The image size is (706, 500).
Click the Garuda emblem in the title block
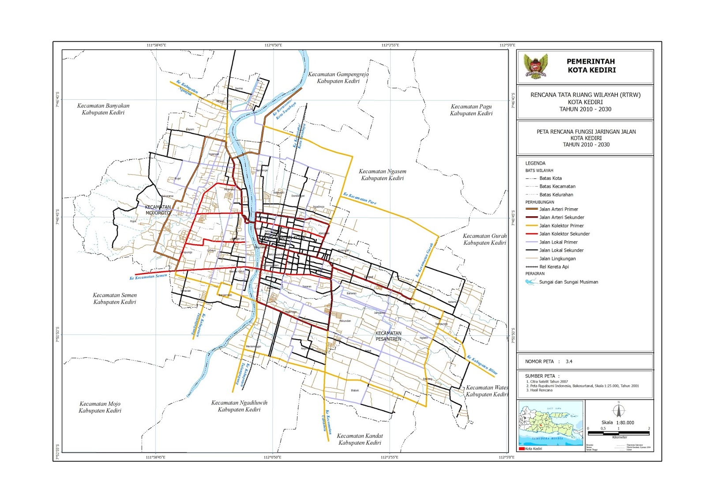[x=535, y=66]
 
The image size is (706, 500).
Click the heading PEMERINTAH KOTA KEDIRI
[x=591, y=66]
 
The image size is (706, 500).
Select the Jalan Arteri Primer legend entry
[x=558, y=209]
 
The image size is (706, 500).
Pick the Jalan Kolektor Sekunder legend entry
[x=564, y=234]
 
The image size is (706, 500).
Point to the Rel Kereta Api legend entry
[x=554, y=267]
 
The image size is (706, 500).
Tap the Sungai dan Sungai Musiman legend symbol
[x=531, y=282]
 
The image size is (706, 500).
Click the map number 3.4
[x=569, y=361]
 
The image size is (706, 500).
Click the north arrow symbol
[x=619, y=410]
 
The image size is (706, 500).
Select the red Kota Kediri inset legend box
[x=522, y=449]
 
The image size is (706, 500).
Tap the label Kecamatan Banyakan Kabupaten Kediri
[x=103, y=109]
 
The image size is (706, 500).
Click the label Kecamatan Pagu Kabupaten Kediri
[x=471, y=110]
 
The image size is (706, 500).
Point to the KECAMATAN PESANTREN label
[x=388, y=336]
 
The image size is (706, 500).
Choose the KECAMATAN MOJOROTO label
[x=158, y=210]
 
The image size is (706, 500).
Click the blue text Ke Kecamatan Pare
[x=360, y=198]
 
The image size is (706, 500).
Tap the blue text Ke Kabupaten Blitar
[x=482, y=365]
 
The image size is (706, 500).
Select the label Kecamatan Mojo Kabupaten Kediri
[x=100, y=407]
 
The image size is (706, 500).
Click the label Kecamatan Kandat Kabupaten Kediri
[x=360, y=439]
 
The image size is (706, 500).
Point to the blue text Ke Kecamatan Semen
[x=148, y=277]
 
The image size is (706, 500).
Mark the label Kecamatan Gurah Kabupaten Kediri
[x=484, y=239]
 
